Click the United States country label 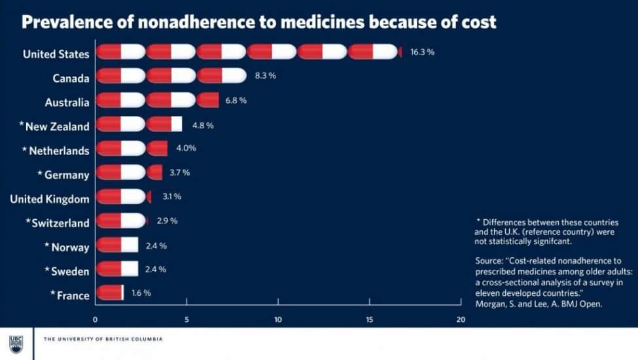tap(56, 54)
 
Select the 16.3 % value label tap(422, 52)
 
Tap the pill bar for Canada tap(171, 76)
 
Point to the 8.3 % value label tap(265, 76)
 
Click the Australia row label tap(67, 103)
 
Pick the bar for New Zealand tap(139, 124)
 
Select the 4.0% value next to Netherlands tap(186, 148)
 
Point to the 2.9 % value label tap(167, 221)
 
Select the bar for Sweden tap(117, 269)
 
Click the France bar tap(110, 293)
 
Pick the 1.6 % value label tap(141, 293)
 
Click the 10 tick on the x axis tap(278, 320)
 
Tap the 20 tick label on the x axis tap(461, 320)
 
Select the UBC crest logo tap(16, 344)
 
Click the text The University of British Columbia tap(103, 339)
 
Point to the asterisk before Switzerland tap(28, 222)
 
